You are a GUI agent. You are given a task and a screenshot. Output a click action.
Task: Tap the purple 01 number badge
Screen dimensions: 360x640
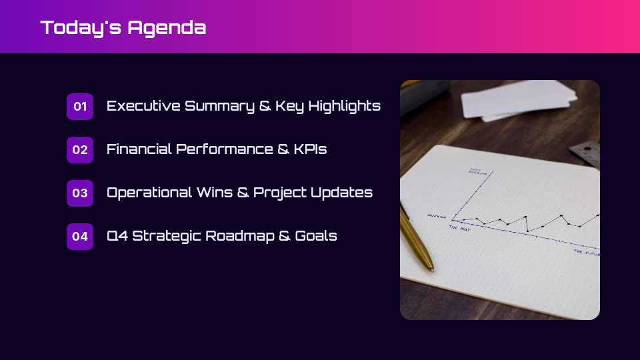(80, 107)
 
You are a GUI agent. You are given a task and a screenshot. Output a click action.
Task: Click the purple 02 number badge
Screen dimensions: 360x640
(80, 150)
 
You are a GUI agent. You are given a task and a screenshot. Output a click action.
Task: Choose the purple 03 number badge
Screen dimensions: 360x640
(80, 193)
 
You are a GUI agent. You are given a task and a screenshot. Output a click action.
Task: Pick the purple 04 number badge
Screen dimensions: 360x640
(80, 237)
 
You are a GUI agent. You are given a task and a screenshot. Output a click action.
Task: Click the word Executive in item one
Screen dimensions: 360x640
(143, 106)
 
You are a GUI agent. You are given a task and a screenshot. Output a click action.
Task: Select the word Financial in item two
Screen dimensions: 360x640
(139, 149)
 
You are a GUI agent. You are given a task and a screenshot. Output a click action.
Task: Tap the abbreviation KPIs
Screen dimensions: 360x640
(310, 149)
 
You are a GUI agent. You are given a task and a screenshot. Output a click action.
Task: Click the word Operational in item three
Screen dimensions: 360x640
(149, 193)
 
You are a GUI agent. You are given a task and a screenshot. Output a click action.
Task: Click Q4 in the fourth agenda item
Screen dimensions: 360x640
(117, 236)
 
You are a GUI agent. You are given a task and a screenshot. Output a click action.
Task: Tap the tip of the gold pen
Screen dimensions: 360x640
(431, 269)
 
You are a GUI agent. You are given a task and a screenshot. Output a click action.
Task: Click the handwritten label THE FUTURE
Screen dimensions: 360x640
(587, 253)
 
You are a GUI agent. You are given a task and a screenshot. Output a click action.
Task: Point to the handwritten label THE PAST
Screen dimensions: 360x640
(460, 227)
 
